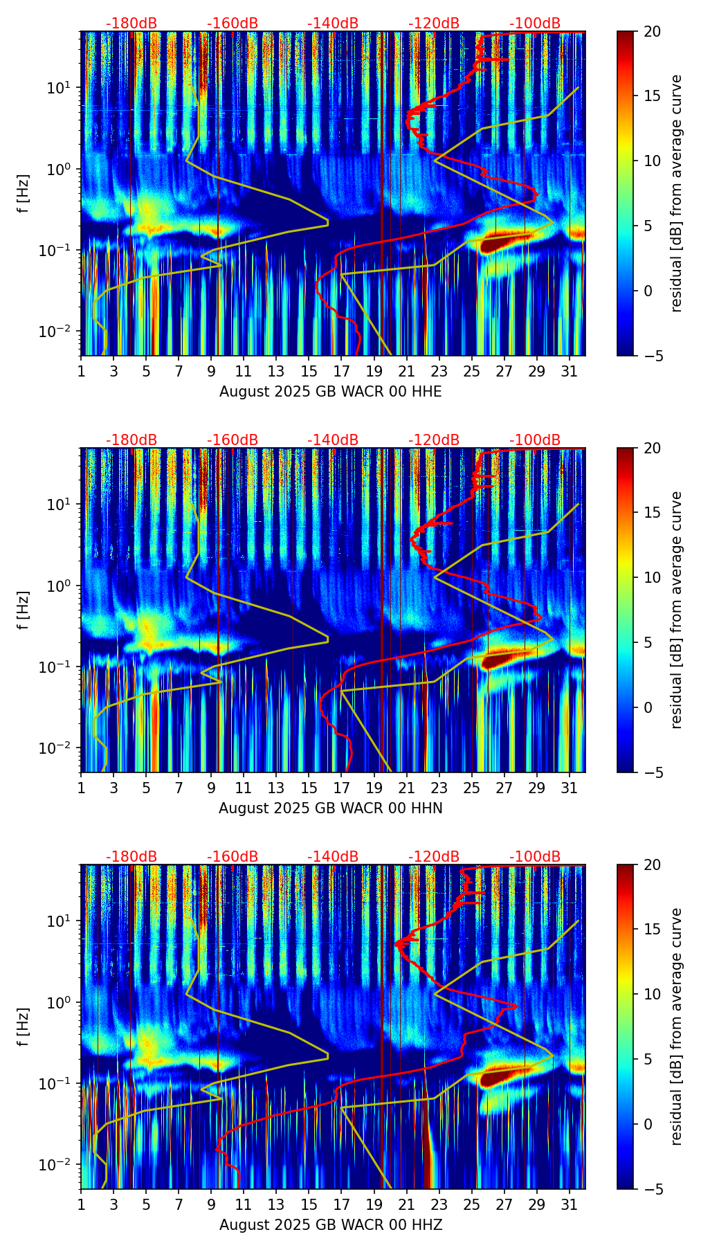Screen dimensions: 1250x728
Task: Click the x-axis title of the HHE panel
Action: tap(330, 392)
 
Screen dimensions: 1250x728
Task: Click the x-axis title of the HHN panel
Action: tap(330, 808)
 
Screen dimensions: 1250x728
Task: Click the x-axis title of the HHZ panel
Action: tap(330, 1225)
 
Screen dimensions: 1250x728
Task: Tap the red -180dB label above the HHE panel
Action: tap(131, 24)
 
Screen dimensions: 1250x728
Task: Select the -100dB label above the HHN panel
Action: tap(535, 440)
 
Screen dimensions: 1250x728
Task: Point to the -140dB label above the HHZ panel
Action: tap(333, 857)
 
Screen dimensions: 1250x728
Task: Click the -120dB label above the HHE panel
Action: tap(434, 24)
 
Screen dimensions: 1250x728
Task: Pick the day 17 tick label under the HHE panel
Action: tap(342, 370)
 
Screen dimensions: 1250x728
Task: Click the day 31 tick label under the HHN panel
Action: tap(570, 787)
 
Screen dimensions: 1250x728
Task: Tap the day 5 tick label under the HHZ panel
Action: tap(147, 1204)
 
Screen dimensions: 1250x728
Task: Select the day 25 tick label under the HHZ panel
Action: tap(472, 1204)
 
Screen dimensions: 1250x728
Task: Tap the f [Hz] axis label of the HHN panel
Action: tap(24, 610)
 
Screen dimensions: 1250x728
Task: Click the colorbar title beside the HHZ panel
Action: tap(676, 1026)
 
